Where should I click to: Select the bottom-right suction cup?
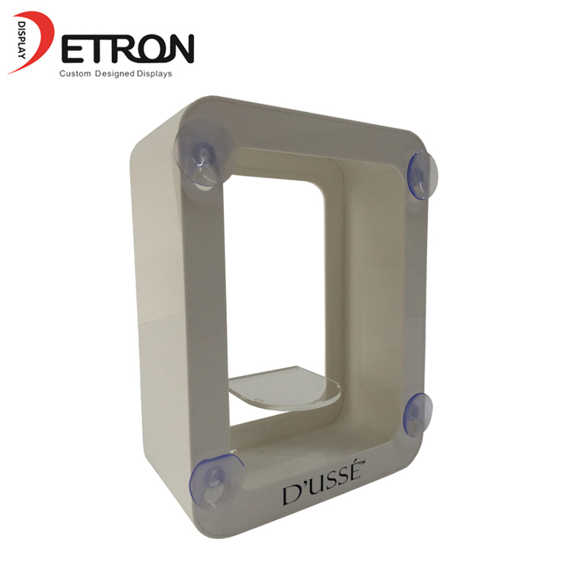[x=418, y=414]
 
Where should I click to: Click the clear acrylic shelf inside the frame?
[x=285, y=388]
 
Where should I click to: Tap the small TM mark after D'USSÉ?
[x=362, y=463]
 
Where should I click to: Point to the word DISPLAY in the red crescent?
[x=21, y=40]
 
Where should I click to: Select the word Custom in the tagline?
[x=75, y=74]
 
